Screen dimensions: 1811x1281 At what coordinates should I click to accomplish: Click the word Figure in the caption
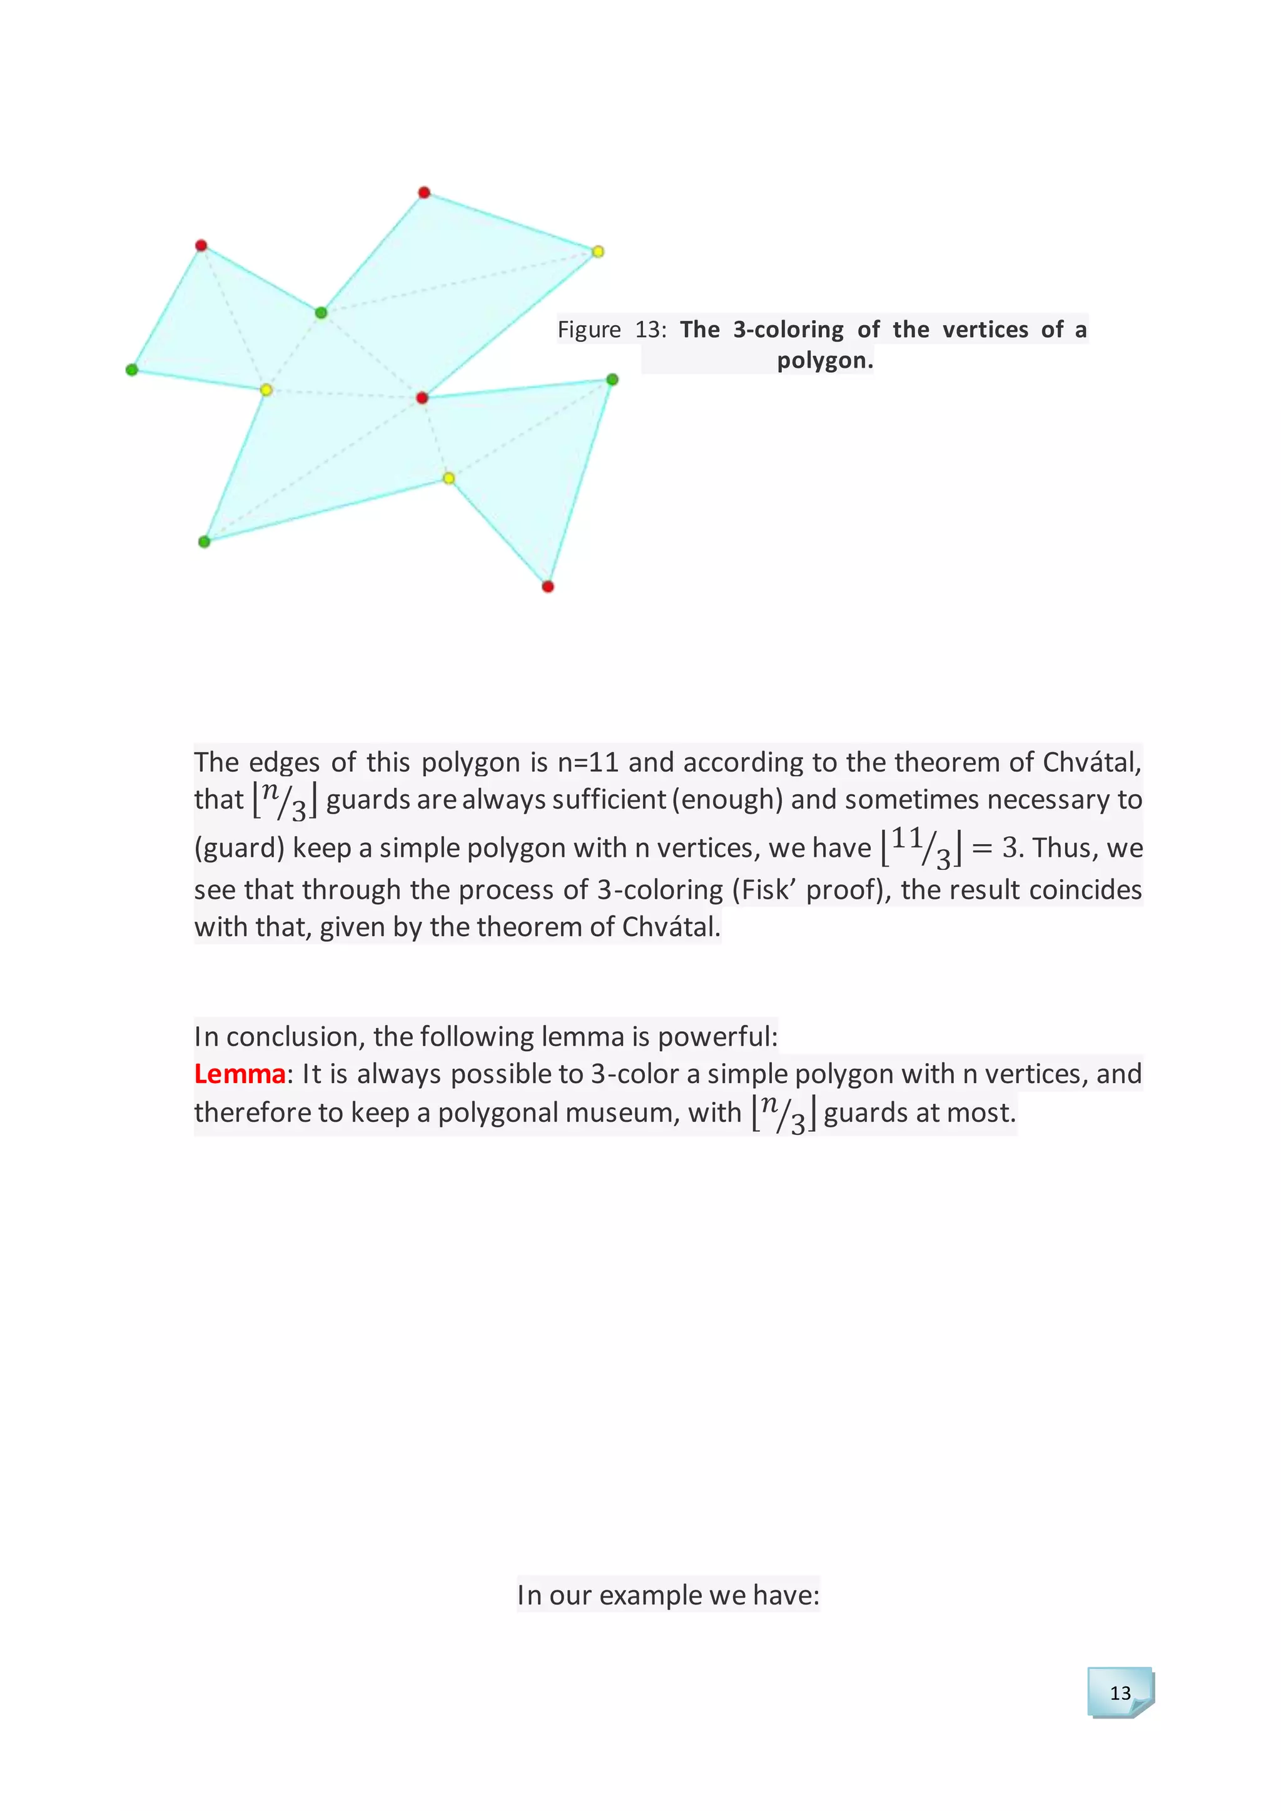(589, 329)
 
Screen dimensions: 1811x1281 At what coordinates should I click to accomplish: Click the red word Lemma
(240, 1074)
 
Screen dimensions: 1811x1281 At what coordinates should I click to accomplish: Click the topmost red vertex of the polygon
(423, 193)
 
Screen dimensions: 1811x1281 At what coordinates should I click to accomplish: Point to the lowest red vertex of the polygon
(547, 586)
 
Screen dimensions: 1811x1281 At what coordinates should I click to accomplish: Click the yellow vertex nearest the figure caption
(598, 251)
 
